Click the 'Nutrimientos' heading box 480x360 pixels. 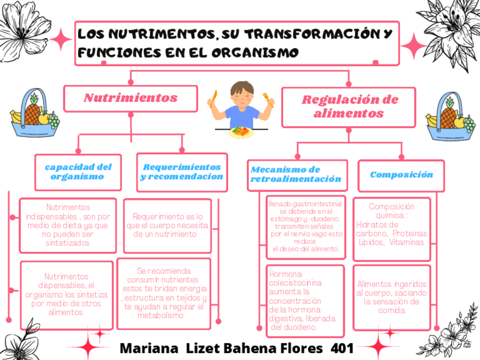coord(131,98)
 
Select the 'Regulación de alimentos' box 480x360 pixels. coord(349,107)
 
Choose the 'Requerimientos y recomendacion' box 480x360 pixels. coord(182,172)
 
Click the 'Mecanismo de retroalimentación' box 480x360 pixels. coord(297,174)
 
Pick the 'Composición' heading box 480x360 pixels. coord(401,175)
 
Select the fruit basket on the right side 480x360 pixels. coord(451,117)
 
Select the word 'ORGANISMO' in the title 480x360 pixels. coord(255,53)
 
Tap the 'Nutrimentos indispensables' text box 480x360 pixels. coord(68,225)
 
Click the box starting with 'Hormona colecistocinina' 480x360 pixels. coord(305,300)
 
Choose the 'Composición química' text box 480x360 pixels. coord(392,224)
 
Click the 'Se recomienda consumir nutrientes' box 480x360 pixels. coord(164,293)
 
